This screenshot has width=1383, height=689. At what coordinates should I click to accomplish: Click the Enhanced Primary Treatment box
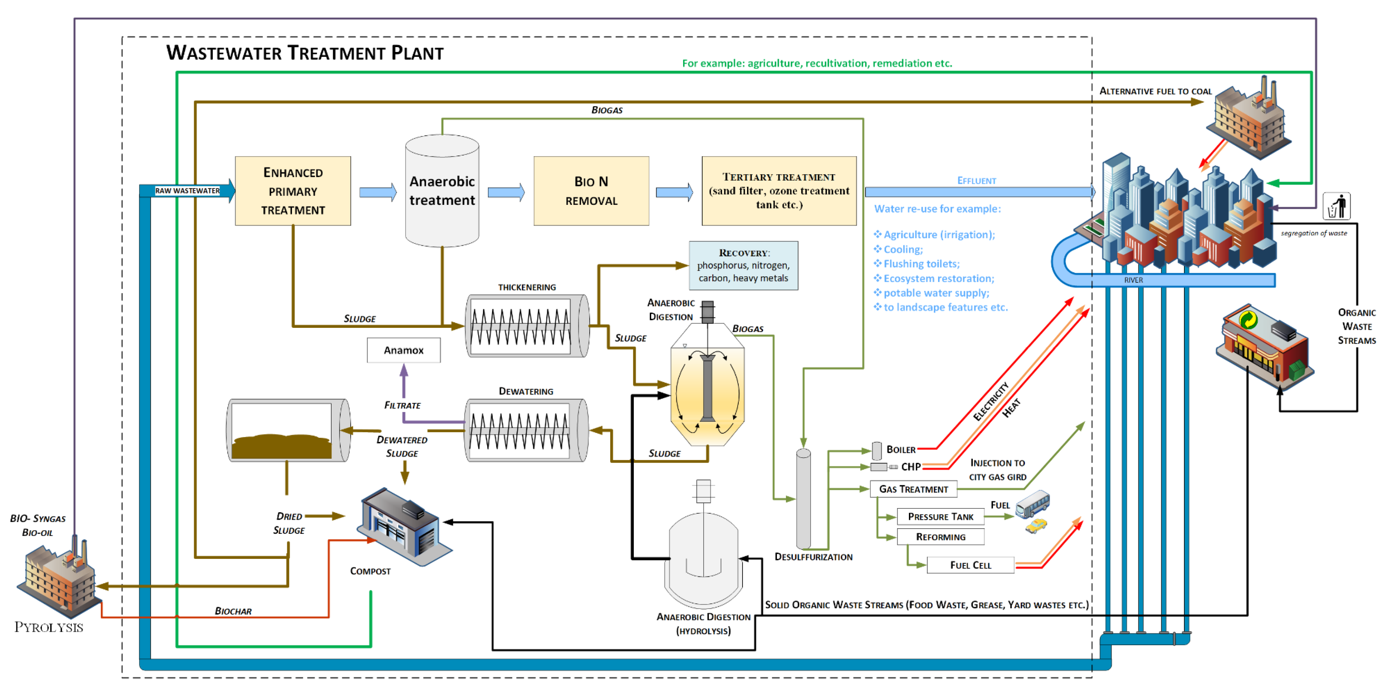[293, 191]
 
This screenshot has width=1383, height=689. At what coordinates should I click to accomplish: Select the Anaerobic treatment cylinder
[442, 191]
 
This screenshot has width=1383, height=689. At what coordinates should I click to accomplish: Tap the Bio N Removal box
[591, 191]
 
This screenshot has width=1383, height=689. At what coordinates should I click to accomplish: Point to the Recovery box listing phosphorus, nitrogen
[743, 265]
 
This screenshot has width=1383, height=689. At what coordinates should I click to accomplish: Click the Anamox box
[403, 350]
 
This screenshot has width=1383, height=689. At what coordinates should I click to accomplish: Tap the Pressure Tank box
[940, 517]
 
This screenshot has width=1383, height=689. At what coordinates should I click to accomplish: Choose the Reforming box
[940, 537]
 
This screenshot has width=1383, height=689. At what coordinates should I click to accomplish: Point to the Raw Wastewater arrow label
[187, 191]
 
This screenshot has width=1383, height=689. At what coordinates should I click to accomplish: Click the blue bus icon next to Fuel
[1033, 504]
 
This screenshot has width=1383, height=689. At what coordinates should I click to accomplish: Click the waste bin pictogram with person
[1336, 206]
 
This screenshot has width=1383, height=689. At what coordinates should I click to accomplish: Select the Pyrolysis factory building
[58, 580]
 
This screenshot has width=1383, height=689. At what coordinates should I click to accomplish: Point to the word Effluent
[977, 181]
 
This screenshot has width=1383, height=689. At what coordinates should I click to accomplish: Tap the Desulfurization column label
[813, 557]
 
